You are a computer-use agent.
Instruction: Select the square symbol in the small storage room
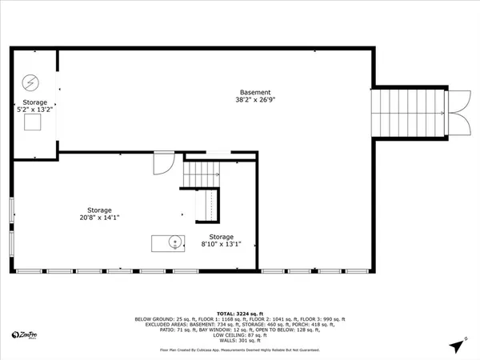pyautogui.click(x=33, y=122)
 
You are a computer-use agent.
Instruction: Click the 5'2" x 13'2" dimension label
pyautogui.click(x=34, y=111)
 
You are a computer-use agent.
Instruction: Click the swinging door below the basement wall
pyautogui.click(x=162, y=163)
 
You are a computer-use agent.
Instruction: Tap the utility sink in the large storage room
pyautogui.click(x=169, y=242)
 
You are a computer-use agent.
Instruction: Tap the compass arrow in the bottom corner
pyautogui.click(x=457, y=346)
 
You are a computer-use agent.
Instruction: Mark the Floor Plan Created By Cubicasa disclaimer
pyautogui.click(x=239, y=349)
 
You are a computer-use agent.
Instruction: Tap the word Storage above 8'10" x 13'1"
pyautogui.click(x=222, y=237)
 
